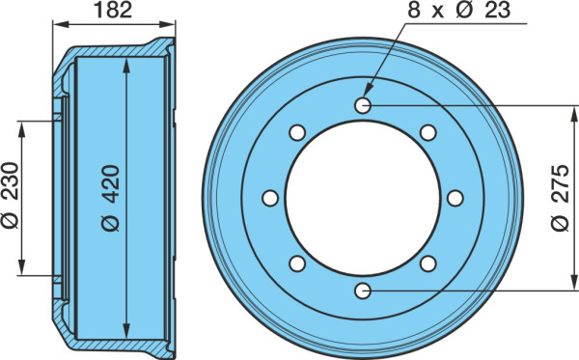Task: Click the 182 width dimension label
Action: point(113,10)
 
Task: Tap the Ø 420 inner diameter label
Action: point(111,198)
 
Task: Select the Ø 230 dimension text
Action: point(10,196)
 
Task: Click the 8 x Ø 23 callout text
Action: point(459,10)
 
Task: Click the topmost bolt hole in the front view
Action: point(363,106)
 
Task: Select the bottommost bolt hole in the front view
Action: point(363,291)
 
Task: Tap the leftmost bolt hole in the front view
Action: point(270,198)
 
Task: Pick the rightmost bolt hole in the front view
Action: point(455,198)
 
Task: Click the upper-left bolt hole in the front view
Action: point(297,133)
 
